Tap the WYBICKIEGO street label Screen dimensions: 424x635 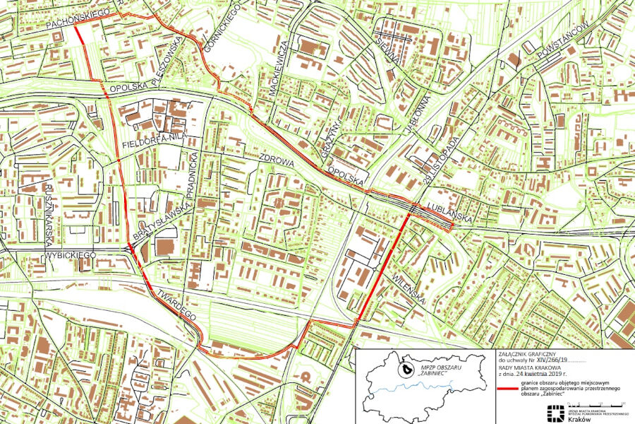(70, 254)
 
